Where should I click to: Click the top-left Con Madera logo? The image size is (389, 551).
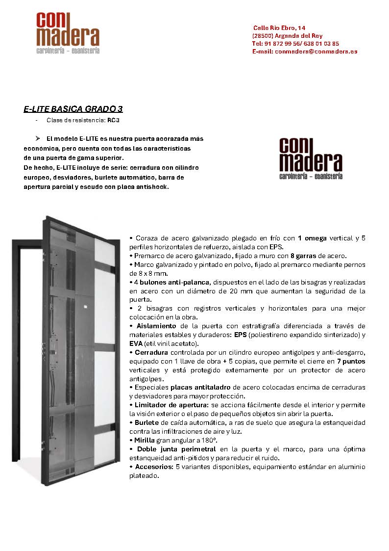coord(68,33)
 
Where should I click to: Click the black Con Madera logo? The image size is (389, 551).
coord(310,158)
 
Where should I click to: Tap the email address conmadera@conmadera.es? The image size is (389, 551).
coord(316,51)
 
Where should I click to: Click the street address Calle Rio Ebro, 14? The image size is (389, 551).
coord(279,28)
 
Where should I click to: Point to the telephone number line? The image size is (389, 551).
coord(295,43)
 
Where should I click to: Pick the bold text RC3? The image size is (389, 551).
coord(114,120)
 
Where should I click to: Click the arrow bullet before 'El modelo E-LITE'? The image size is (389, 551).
coord(37,139)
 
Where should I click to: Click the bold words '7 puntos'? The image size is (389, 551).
coord(351,361)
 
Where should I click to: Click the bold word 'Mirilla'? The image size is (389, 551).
coord(145,440)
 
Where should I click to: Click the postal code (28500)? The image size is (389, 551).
coord(263,36)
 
